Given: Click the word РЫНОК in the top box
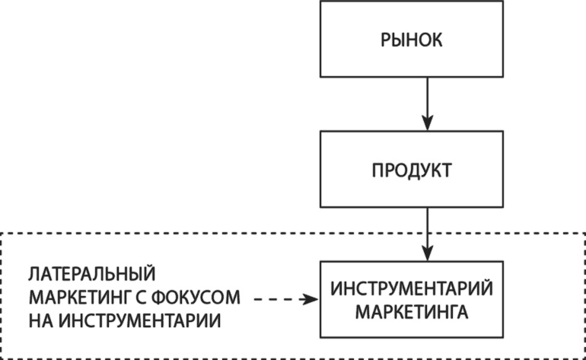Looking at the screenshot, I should click(x=411, y=39).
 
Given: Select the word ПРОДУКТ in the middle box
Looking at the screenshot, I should click(x=411, y=169).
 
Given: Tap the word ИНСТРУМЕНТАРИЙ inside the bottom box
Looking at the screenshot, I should click(x=412, y=290).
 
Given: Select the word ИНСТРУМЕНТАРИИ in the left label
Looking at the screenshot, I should click(x=142, y=318).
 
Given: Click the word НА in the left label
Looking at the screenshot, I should click(x=40, y=318).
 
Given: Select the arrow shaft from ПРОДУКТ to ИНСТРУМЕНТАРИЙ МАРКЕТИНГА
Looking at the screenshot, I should click(x=427, y=228).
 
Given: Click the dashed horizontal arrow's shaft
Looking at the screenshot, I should click(x=278, y=300).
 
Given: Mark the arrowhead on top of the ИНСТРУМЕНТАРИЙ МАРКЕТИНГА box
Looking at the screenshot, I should click(x=427, y=255).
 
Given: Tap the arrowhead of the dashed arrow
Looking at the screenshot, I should click(x=311, y=300).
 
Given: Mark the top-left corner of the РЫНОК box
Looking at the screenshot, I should click(x=320, y=3).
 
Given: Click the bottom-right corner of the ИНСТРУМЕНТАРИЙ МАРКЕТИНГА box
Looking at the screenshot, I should click(x=502, y=337).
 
